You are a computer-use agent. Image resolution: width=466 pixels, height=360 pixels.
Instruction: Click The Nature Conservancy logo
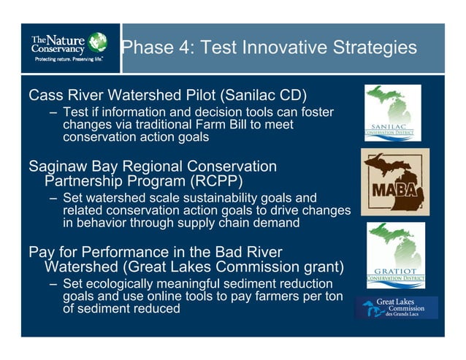[x=69, y=47]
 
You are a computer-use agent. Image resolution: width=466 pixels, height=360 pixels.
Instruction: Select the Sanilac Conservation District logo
[x=393, y=112]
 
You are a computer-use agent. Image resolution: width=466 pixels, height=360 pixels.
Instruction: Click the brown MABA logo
[x=394, y=182]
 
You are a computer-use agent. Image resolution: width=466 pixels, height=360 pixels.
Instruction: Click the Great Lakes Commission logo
[x=397, y=308]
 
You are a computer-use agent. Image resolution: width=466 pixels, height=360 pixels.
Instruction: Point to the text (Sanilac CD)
[x=261, y=96]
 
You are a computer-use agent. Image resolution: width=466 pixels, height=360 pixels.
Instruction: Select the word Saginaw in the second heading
[x=59, y=166]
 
